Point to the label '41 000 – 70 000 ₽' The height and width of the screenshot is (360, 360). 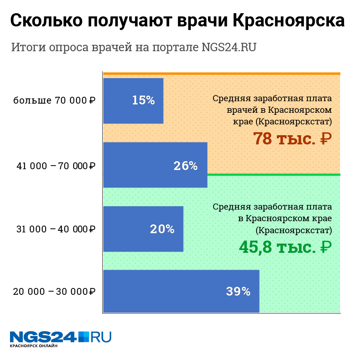coord(56,166)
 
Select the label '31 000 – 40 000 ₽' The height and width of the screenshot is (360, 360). coord(56,229)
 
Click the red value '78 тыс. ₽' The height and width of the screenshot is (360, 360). coord(292,139)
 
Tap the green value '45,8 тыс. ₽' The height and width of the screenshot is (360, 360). coord(285,247)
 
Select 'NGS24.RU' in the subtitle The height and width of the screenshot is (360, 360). coord(229,47)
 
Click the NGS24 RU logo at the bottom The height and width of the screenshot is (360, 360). coord(60,337)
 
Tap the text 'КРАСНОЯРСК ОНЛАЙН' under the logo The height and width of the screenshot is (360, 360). coord(34,346)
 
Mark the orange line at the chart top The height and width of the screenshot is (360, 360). coord(222,74)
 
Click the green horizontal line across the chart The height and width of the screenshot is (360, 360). coord(274,174)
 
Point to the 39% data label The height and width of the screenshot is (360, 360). coord(238,292)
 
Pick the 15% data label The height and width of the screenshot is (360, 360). coord(143,100)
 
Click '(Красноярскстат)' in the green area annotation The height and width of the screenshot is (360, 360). coord(294,230)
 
